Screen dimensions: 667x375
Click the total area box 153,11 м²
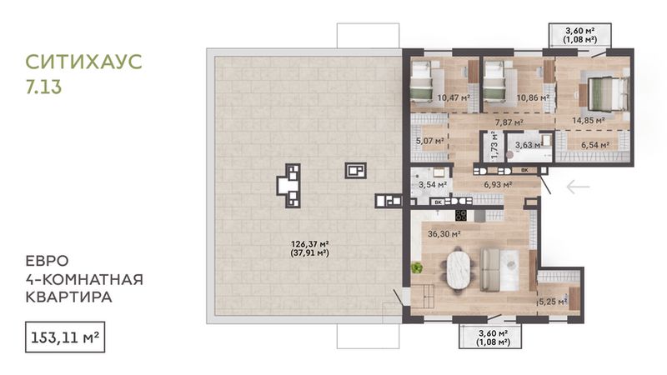[65, 337]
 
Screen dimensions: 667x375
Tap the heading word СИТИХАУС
[84, 62]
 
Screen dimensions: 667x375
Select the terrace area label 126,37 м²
[309, 244]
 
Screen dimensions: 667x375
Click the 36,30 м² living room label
[444, 234]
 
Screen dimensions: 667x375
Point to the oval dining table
[459, 269]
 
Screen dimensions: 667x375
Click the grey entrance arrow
[579, 186]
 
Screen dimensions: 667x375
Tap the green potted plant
[416, 267]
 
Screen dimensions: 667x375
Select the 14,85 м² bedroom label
[589, 120]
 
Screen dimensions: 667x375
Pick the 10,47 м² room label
[454, 97]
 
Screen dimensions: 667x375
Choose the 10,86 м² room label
[533, 97]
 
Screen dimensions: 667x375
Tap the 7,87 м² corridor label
[509, 122]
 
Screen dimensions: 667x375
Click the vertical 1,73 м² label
[494, 146]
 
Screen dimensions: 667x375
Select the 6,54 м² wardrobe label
[595, 145]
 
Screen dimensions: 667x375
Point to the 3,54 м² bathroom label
[433, 184]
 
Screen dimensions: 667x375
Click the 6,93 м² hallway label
[498, 184]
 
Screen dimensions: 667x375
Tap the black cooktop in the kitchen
[461, 215]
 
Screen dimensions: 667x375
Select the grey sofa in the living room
[490, 270]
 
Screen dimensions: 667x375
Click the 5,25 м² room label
[553, 302]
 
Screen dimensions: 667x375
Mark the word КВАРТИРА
[69, 297]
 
